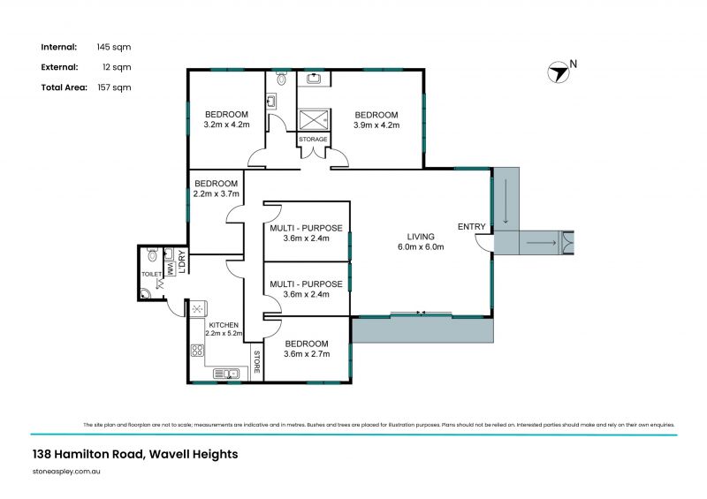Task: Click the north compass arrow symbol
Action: coord(558,72)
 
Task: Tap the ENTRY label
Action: coord(471,227)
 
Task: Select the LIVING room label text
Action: coord(421,236)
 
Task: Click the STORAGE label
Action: coord(313,140)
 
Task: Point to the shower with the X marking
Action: coord(313,119)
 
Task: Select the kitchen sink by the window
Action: coord(229,374)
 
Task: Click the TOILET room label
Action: coord(152,275)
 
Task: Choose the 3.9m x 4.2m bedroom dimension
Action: coord(376,125)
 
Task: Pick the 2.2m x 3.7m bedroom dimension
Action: coord(217,193)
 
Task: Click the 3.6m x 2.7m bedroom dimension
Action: coord(307,354)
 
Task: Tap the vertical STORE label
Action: coord(257,362)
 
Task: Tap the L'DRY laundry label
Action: coord(180,262)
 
